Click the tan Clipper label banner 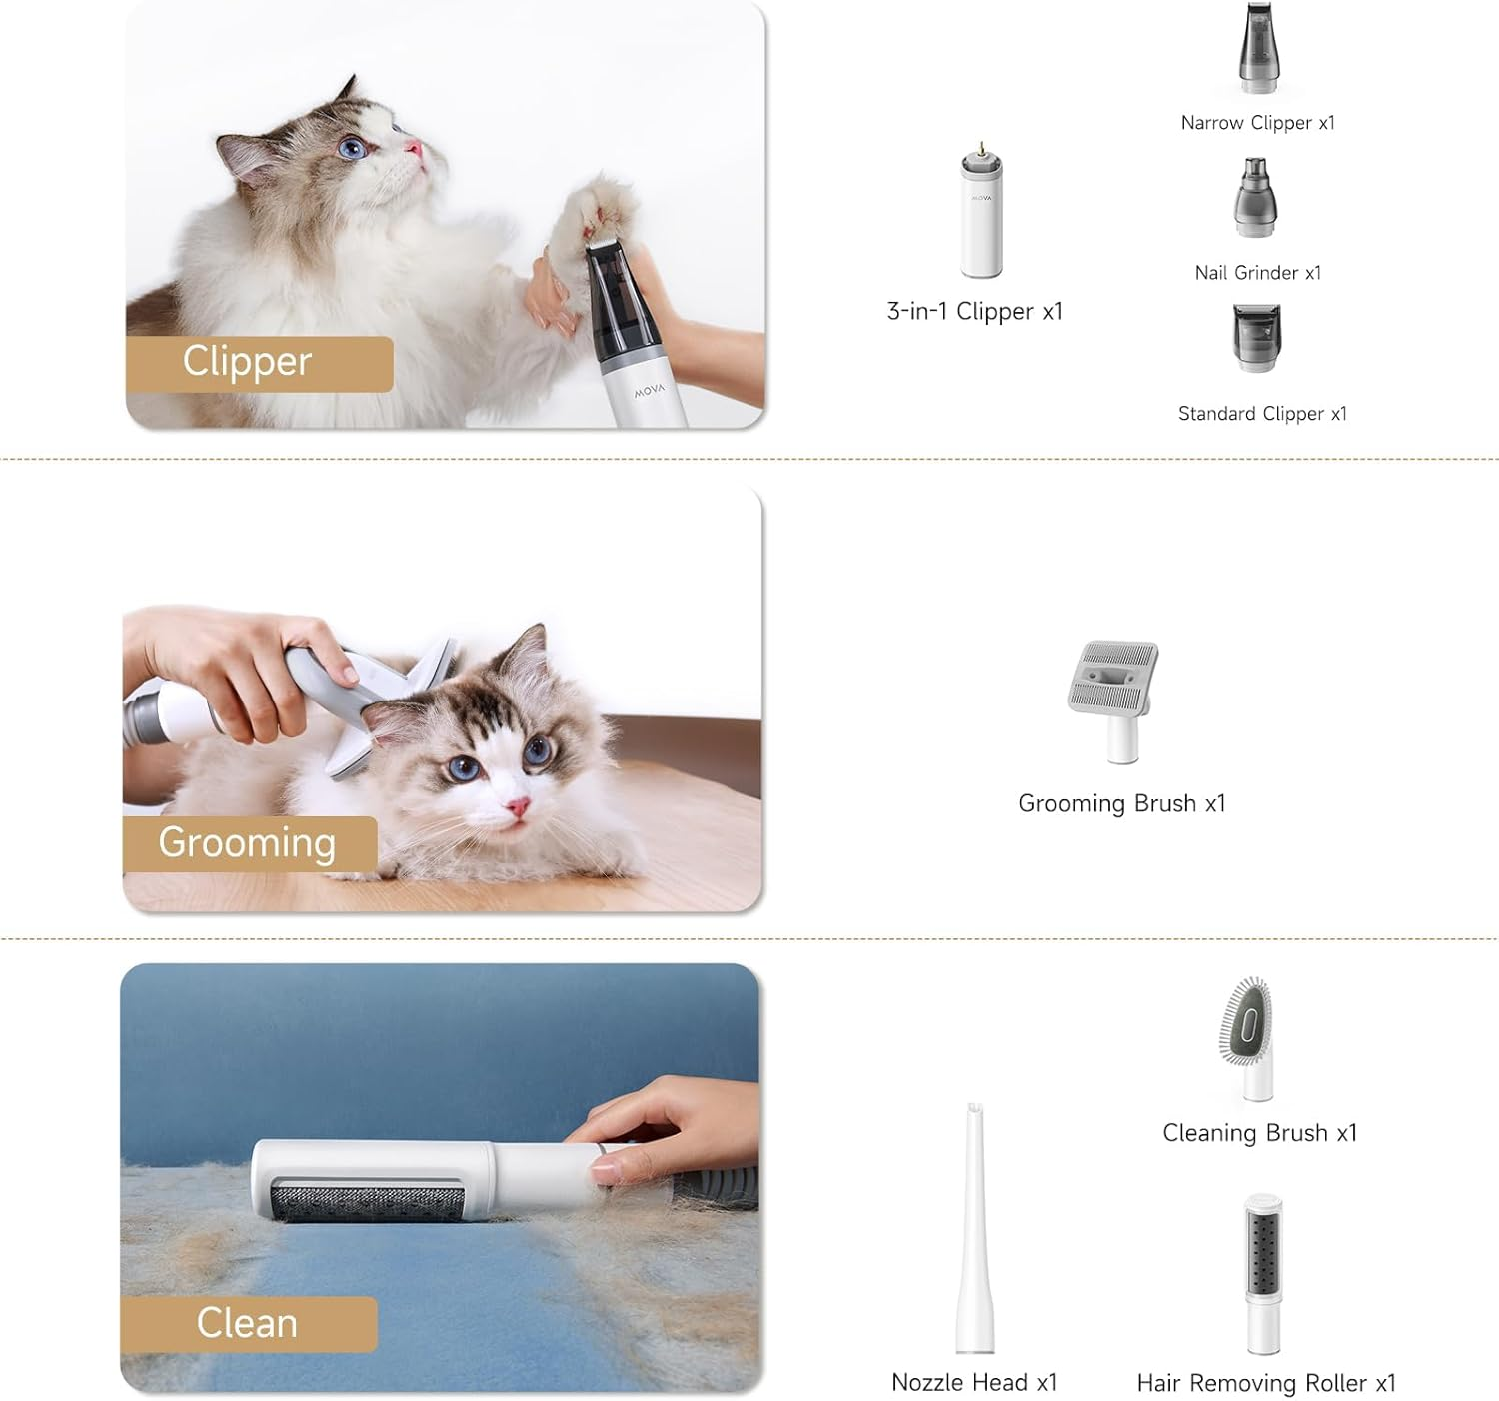258,363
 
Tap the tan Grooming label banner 249,843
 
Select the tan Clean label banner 248,1323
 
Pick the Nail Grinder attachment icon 1255,199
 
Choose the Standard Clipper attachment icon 1256,338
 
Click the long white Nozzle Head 974,1229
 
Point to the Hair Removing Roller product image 1263,1274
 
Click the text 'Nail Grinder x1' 1257,273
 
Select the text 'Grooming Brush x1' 1121,804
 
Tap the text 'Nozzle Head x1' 973,1382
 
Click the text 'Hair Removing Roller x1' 1265,1383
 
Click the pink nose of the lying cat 517,806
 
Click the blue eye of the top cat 351,149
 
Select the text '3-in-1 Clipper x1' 974,312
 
